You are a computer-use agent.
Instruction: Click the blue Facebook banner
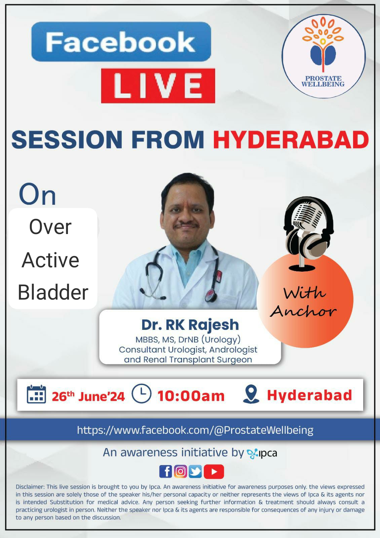pyautogui.click(x=121, y=42)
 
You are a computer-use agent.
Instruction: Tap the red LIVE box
pyautogui.click(x=158, y=86)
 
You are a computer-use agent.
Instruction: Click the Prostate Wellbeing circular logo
pyautogui.click(x=323, y=56)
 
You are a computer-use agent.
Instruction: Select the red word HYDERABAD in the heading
pyautogui.click(x=291, y=140)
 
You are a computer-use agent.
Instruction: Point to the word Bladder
pyautogui.click(x=53, y=292)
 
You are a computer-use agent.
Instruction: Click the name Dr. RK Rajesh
pyautogui.click(x=190, y=325)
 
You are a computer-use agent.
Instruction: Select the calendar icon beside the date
pyautogui.click(x=36, y=394)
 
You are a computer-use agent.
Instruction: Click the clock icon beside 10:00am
pyautogui.click(x=142, y=393)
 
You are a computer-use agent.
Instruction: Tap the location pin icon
pyautogui.click(x=251, y=394)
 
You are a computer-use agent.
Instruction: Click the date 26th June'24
pyautogui.click(x=88, y=396)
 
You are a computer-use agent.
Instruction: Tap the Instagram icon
pyautogui.click(x=181, y=471)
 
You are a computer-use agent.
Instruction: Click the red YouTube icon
pyautogui.click(x=214, y=471)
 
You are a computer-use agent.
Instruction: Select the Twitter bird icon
pyautogui.click(x=195, y=471)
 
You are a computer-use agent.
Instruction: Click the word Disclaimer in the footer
pyautogui.click(x=30, y=487)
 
